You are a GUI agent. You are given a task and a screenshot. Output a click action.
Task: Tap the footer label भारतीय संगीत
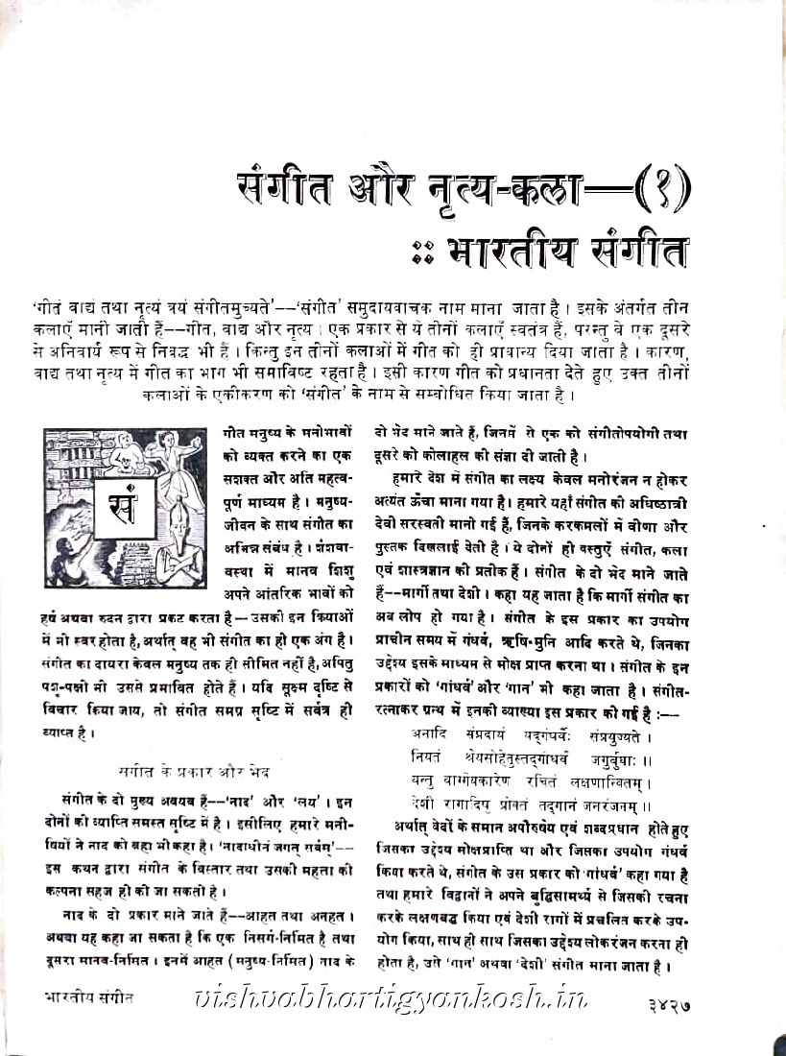[89, 997]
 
